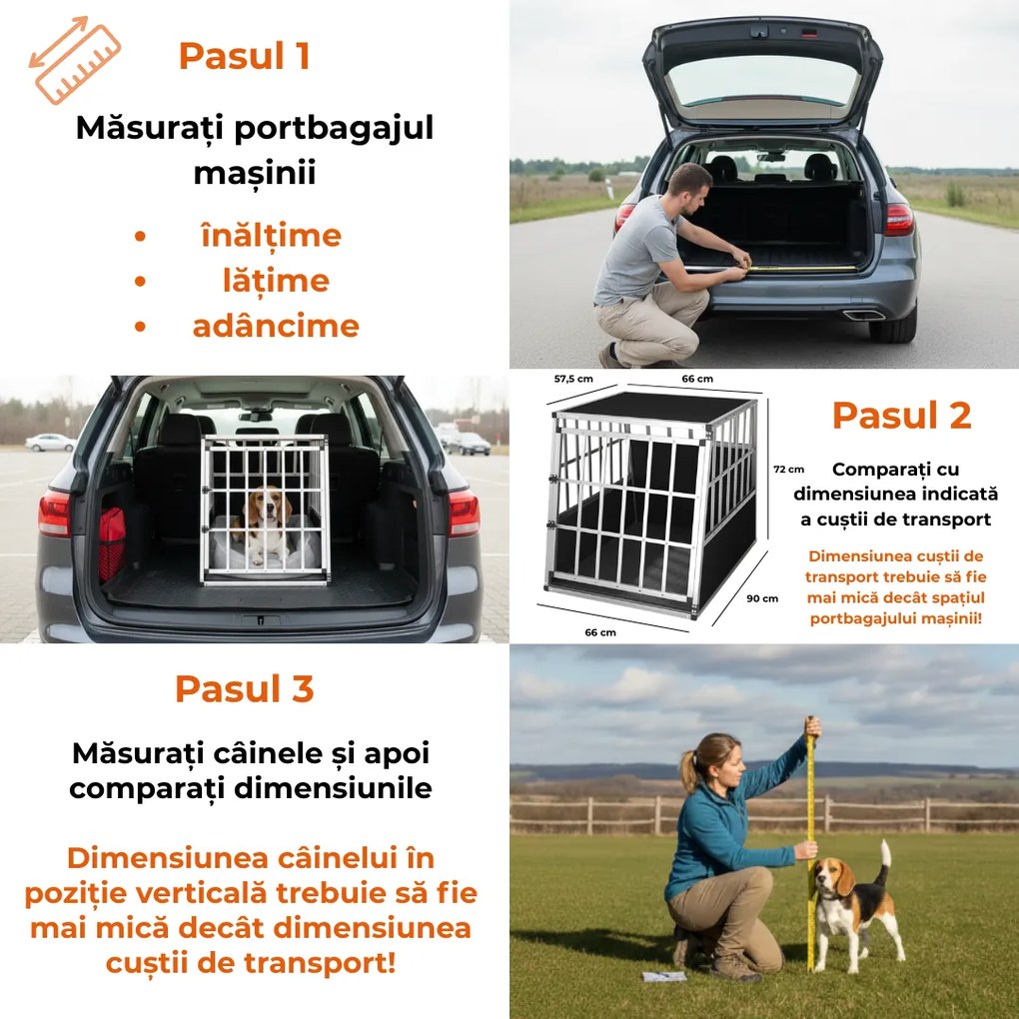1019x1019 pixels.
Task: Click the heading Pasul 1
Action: pos(244,56)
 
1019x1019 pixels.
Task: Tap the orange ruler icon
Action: pos(75,60)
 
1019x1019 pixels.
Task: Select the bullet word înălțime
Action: pos(271,236)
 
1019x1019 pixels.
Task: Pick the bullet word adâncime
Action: pos(276,326)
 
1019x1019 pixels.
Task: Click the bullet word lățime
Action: pos(276,282)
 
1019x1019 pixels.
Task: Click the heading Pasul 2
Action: pos(901,416)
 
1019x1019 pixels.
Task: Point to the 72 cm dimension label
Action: pos(788,470)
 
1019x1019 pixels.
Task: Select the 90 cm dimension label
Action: pos(761,598)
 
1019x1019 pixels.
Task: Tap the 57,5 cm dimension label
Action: pos(573,379)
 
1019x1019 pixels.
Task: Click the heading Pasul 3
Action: pos(245,689)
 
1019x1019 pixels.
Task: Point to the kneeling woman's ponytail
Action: pos(688,771)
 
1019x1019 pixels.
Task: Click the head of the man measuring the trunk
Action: pos(690,185)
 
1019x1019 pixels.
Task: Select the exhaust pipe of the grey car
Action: pos(864,316)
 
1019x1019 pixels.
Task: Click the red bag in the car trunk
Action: pos(112,543)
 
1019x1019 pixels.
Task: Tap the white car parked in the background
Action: pos(51,443)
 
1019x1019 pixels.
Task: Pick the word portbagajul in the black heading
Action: pos(334,128)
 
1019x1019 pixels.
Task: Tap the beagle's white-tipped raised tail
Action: pos(883,861)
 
